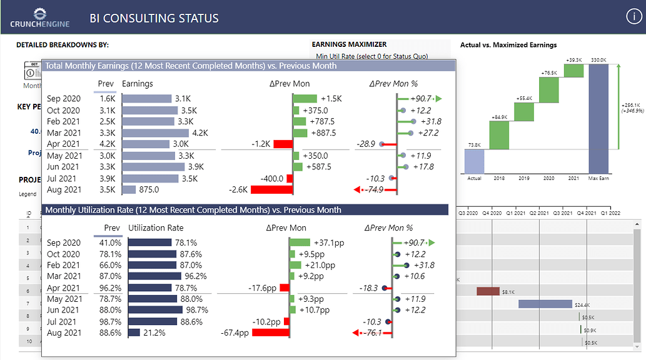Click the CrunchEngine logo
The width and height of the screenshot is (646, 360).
point(39,17)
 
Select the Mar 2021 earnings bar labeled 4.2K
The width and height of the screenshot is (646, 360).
point(155,133)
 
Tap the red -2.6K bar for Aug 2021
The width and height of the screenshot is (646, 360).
point(273,189)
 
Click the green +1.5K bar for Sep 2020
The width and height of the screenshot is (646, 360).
point(305,99)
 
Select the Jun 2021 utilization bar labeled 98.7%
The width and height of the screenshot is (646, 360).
point(156,311)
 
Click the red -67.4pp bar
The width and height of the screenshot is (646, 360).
point(271,333)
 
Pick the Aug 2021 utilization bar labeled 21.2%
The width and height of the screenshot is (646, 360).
point(134,333)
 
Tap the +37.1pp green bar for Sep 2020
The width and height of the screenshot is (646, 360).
point(300,242)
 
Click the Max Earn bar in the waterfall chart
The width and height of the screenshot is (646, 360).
point(598,119)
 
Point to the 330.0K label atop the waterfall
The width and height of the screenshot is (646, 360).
point(598,60)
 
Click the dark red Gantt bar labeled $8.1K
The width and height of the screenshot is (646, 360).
point(488,291)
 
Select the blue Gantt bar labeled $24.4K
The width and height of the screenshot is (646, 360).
point(545,304)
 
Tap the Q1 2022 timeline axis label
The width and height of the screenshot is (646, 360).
point(611,213)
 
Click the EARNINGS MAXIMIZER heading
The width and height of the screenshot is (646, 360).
point(349,44)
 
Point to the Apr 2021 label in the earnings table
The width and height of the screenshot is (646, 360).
point(64,144)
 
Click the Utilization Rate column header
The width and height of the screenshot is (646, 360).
point(156,228)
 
